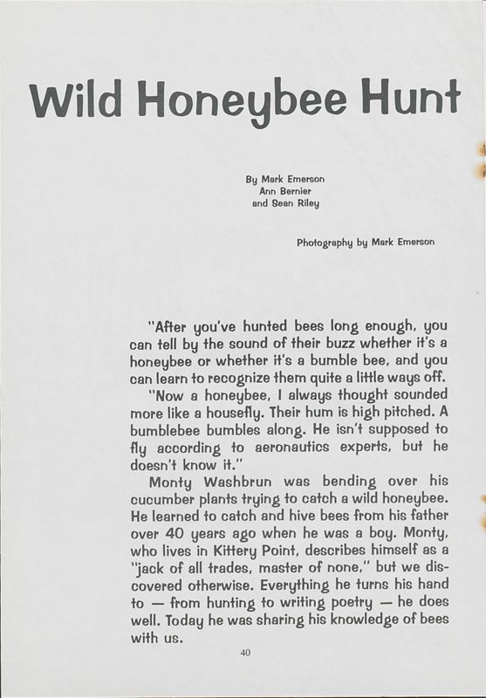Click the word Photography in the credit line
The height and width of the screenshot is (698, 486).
click(x=323, y=242)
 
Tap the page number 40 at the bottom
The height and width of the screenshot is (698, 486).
click(x=243, y=651)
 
